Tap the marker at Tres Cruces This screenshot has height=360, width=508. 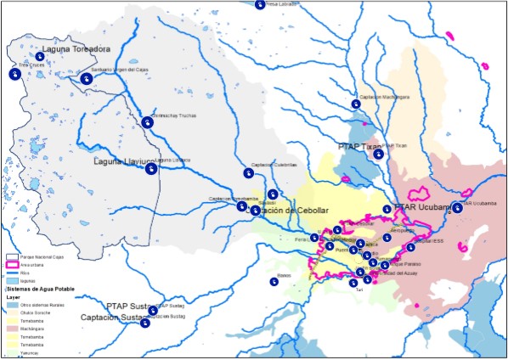point(14,75)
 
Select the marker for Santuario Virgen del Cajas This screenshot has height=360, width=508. point(88,79)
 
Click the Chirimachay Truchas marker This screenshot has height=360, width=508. point(148,122)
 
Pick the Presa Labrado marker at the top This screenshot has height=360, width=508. point(260,5)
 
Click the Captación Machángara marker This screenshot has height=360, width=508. point(356,104)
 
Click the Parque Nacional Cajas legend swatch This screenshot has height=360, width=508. point(13,256)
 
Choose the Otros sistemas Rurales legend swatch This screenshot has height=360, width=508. point(13,304)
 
